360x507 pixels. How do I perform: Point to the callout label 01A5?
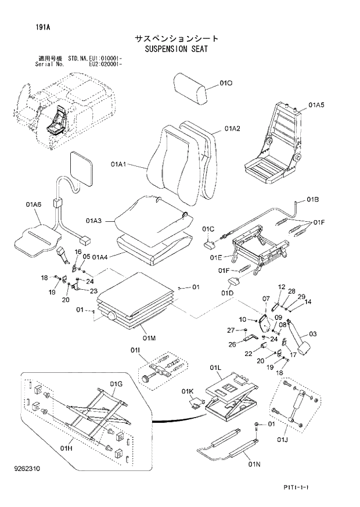tap(316, 105)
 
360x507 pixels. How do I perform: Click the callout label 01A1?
tap(119, 165)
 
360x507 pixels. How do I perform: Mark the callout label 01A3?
tap(93, 220)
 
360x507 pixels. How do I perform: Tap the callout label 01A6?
tap(33, 204)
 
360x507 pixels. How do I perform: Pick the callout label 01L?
tap(216, 368)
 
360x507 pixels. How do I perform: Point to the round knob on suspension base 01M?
tap(109, 317)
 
